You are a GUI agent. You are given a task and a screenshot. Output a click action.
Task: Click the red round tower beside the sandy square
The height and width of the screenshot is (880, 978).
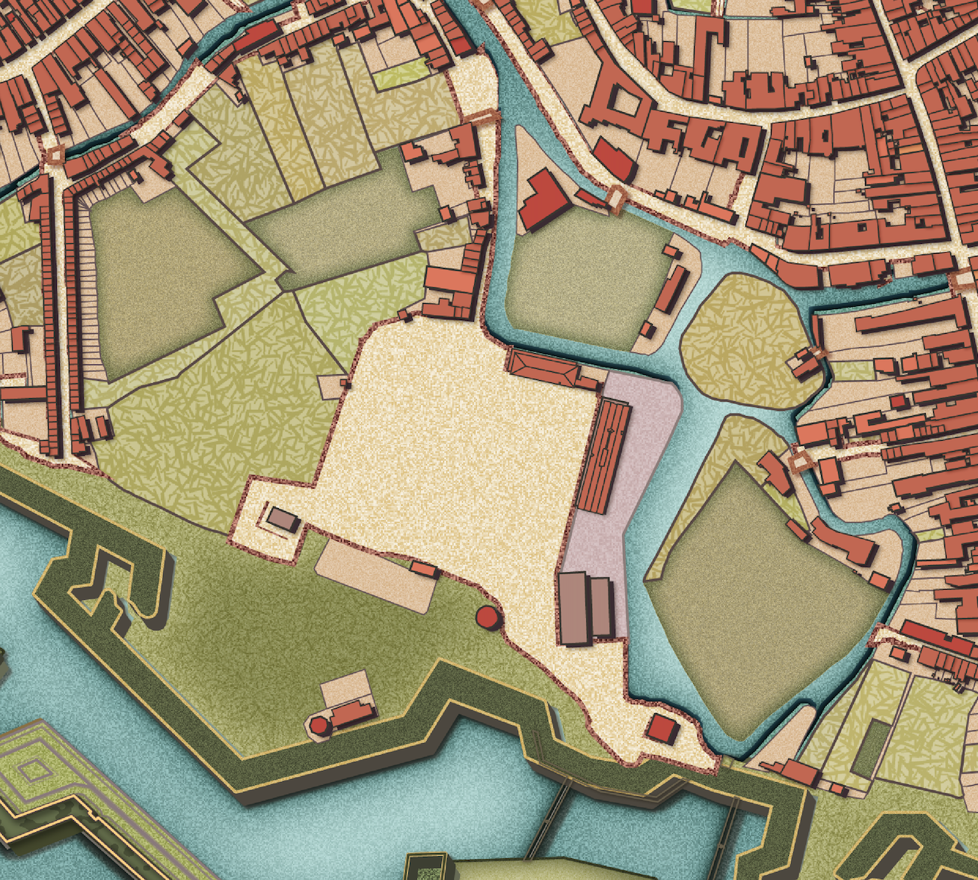(487, 617)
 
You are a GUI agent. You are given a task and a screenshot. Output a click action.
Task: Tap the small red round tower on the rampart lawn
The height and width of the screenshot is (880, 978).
(319, 724)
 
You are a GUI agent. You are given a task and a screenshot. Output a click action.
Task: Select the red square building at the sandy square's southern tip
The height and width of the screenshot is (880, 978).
(662, 728)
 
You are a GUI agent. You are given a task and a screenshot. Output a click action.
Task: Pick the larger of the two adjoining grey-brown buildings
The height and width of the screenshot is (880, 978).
(573, 608)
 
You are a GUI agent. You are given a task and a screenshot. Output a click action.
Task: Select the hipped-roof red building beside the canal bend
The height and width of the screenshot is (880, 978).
(541, 367)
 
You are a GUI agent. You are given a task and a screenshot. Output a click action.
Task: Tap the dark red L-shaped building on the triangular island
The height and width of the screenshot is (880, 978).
(544, 198)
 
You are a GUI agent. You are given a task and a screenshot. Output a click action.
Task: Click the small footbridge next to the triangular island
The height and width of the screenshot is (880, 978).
(616, 198)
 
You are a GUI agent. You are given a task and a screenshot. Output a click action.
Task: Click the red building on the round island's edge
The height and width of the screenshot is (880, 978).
(805, 365)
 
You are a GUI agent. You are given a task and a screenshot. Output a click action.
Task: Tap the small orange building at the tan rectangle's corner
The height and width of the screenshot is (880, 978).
(424, 569)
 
